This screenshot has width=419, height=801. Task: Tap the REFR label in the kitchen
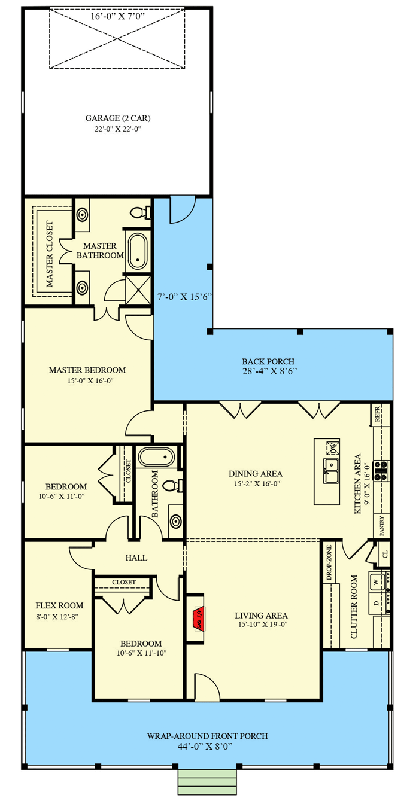(x=378, y=414)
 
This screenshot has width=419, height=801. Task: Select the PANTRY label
(x=382, y=525)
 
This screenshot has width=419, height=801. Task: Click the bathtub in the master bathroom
(x=137, y=251)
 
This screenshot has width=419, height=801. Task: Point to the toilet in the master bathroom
(x=140, y=213)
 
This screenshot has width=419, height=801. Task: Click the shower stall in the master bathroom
(x=138, y=291)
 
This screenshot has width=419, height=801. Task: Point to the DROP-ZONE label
(x=329, y=562)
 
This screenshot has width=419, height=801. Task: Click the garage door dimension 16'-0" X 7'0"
(x=117, y=16)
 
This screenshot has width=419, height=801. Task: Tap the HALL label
(x=136, y=558)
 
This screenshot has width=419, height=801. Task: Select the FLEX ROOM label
(x=59, y=605)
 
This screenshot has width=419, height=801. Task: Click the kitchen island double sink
(x=332, y=470)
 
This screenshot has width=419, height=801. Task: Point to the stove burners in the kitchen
(x=381, y=470)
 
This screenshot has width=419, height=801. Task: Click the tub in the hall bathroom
(x=157, y=457)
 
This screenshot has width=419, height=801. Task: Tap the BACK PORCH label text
(x=268, y=361)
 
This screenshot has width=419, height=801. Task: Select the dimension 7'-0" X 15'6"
(x=184, y=297)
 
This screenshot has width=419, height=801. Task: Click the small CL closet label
(x=385, y=555)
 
